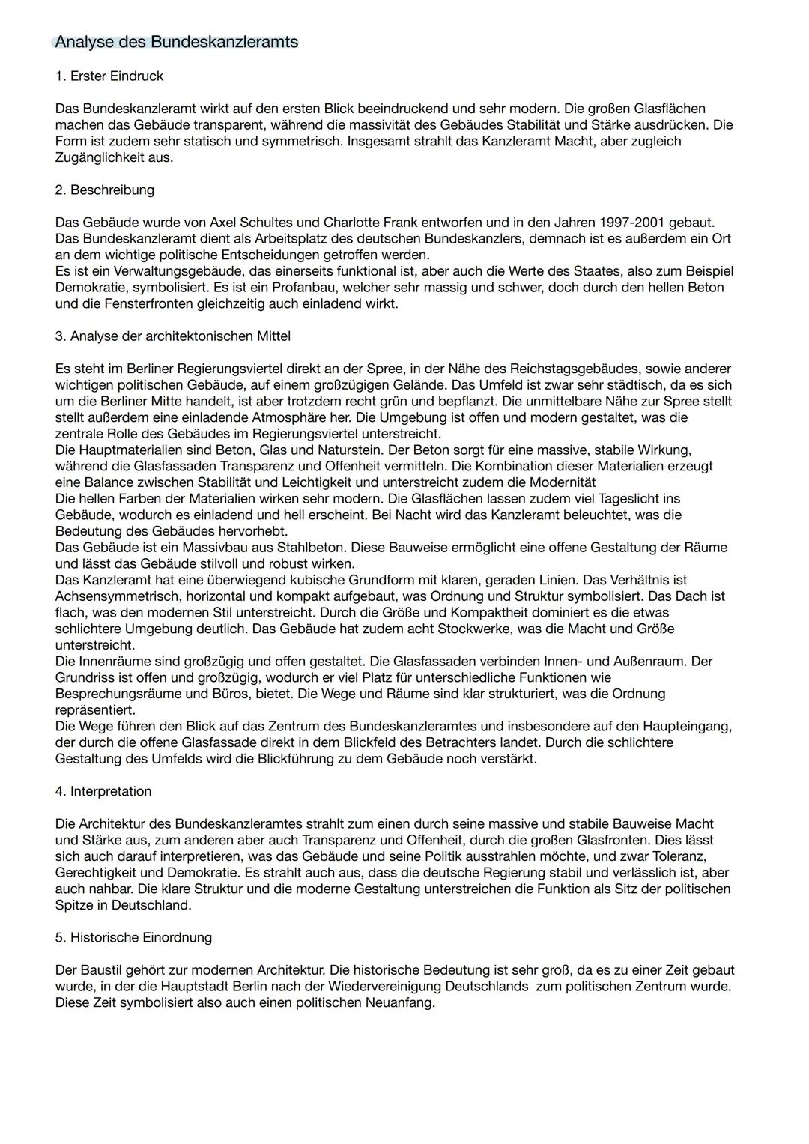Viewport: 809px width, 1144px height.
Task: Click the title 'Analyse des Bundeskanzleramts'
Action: (176, 42)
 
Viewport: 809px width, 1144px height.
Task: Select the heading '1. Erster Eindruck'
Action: (109, 76)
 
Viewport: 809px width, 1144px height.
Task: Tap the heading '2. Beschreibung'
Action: (104, 190)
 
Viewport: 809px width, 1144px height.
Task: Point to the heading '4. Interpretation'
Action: (103, 791)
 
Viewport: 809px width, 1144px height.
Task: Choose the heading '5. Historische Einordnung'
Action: (133, 937)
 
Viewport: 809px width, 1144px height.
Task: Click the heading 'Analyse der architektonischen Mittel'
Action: (180, 336)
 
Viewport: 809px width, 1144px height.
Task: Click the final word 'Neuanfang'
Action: (402, 1002)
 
